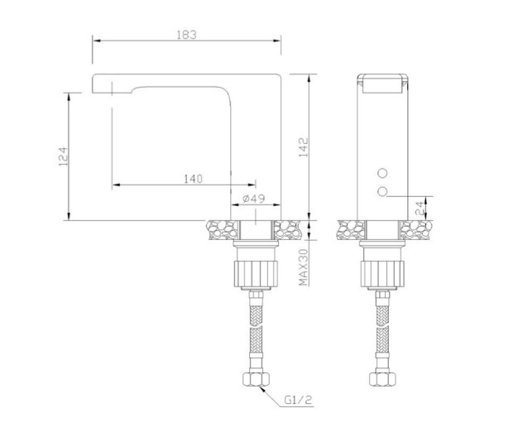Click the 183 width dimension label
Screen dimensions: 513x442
click(x=186, y=35)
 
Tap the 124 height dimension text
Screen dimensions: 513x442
click(x=64, y=156)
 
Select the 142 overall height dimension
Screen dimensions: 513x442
click(x=304, y=147)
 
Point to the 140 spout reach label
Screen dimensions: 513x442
click(x=193, y=179)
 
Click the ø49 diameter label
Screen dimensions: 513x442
click(x=254, y=199)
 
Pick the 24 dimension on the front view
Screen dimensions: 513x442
click(x=420, y=208)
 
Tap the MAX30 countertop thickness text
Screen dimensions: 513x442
click(x=304, y=267)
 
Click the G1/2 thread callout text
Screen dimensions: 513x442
click(x=298, y=400)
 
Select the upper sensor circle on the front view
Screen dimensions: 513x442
click(x=382, y=173)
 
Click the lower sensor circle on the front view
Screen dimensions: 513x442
click(x=382, y=192)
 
